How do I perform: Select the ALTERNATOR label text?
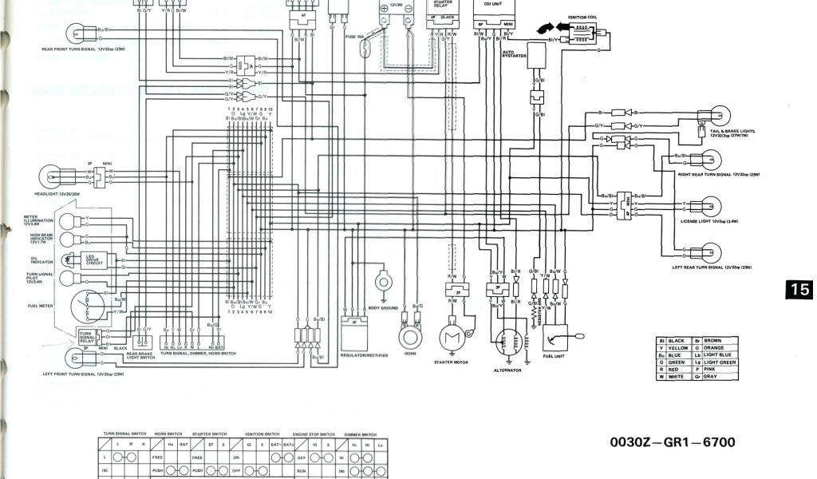[507, 370]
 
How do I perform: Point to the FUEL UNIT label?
[553, 356]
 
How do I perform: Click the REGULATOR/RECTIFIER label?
[364, 355]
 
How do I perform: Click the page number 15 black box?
[800, 290]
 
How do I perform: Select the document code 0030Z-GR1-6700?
[672, 442]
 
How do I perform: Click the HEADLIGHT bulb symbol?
[52, 175]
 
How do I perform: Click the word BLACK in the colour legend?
[675, 341]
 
